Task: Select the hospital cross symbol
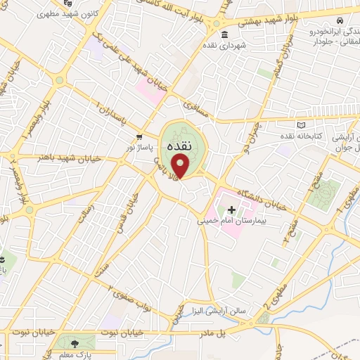pyautogui.click(x=231, y=209)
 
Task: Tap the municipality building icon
pyautogui.click(x=224, y=36)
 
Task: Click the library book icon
pyautogui.click(x=302, y=124)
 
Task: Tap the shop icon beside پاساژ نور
pyautogui.click(x=139, y=136)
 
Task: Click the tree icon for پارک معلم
pyautogui.click(x=73, y=342)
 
